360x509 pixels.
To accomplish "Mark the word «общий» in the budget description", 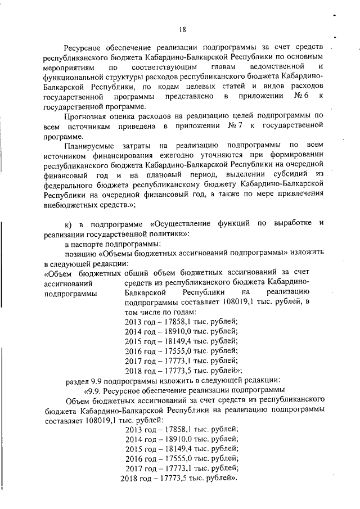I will [137, 273].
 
